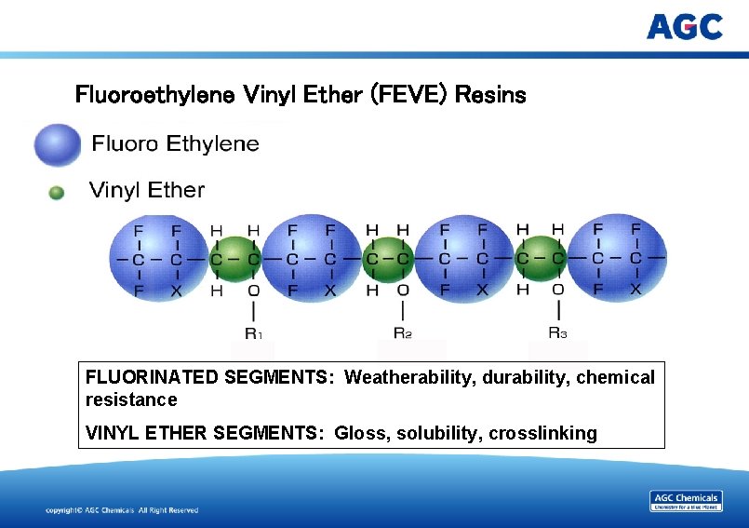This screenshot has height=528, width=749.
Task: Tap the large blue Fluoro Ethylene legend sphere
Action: [57, 144]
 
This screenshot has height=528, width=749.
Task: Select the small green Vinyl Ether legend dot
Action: [56, 192]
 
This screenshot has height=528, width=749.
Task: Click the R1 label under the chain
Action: [253, 332]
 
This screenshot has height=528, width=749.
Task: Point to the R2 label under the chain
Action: [402, 332]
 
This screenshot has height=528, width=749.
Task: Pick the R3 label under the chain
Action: [557, 332]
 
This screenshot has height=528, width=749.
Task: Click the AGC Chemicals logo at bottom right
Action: [685, 501]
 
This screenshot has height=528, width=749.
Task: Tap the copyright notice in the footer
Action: [122, 510]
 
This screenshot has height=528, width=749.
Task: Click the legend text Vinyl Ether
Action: [147, 190]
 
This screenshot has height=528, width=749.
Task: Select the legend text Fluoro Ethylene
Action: [175, 143]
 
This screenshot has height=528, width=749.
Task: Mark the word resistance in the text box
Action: [130, 399]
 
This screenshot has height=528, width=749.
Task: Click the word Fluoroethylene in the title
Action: [154, 95]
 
